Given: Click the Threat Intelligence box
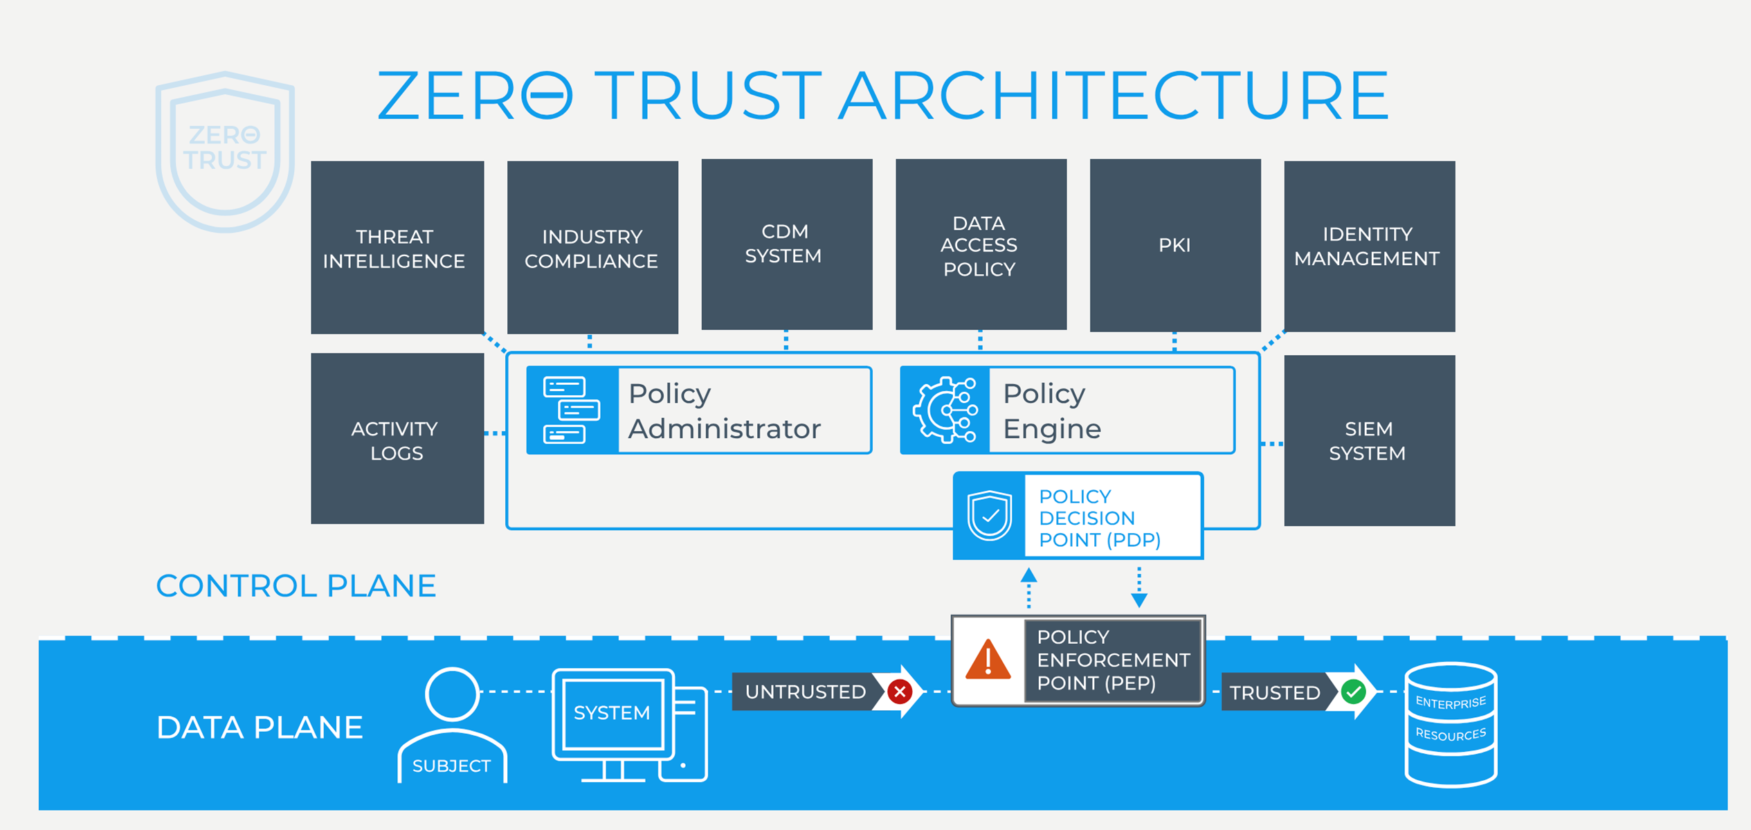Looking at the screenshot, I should click(x=397, y=247).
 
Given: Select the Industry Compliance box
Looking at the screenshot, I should click(x=592, y=247).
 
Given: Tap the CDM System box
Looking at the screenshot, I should click(x=786, y=244).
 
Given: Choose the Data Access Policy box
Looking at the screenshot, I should click(x=981, y=244).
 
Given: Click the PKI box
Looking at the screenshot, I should click(x=1174, y=244).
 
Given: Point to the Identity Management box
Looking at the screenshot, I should click(x=1369, y=246).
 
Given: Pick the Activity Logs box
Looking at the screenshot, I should click(x=397, y=438).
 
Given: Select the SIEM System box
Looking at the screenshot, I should click(x=1369, y=440).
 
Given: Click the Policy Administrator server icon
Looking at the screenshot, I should click(x=571, y=410).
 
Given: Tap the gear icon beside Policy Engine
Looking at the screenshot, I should click(x=945, y=410).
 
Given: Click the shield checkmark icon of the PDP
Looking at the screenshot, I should click(x=989, y=515).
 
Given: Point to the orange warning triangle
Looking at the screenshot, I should click(x=988, y=660).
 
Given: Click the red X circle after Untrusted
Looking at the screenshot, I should click(x=900, y=691).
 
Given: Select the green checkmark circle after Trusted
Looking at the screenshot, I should click(x=1353, y=691).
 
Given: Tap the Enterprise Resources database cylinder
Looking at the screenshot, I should click(x=1451, y=724).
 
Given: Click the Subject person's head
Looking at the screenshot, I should click(x=452, y=694).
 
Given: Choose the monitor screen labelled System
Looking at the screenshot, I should click(x=612, y=713).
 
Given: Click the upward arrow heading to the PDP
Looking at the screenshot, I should click(x=1028, y=577).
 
